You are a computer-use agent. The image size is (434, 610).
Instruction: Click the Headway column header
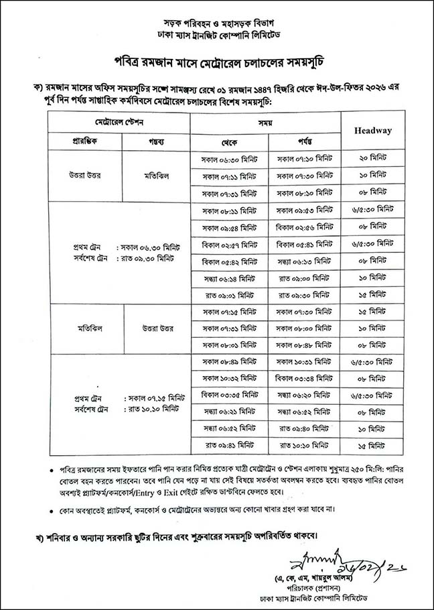pyautogui.click(x=372, y=130)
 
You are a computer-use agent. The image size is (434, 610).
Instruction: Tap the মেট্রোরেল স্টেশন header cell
pyautogui.click(x=119, y=124)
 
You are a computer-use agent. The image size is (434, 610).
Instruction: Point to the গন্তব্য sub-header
pyautogui.click(x=155, y=142)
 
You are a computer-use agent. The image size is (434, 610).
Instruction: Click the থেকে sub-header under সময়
pyautogui.click(x=229, y=142)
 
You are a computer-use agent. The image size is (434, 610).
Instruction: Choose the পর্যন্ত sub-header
pyautogui.click(x=305, y=142)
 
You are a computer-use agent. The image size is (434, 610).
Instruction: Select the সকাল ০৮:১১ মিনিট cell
pyautogui.click(x=229, y=210)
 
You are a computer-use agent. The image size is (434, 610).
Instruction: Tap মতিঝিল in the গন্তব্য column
pyautogui.click(x=155, y=176)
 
